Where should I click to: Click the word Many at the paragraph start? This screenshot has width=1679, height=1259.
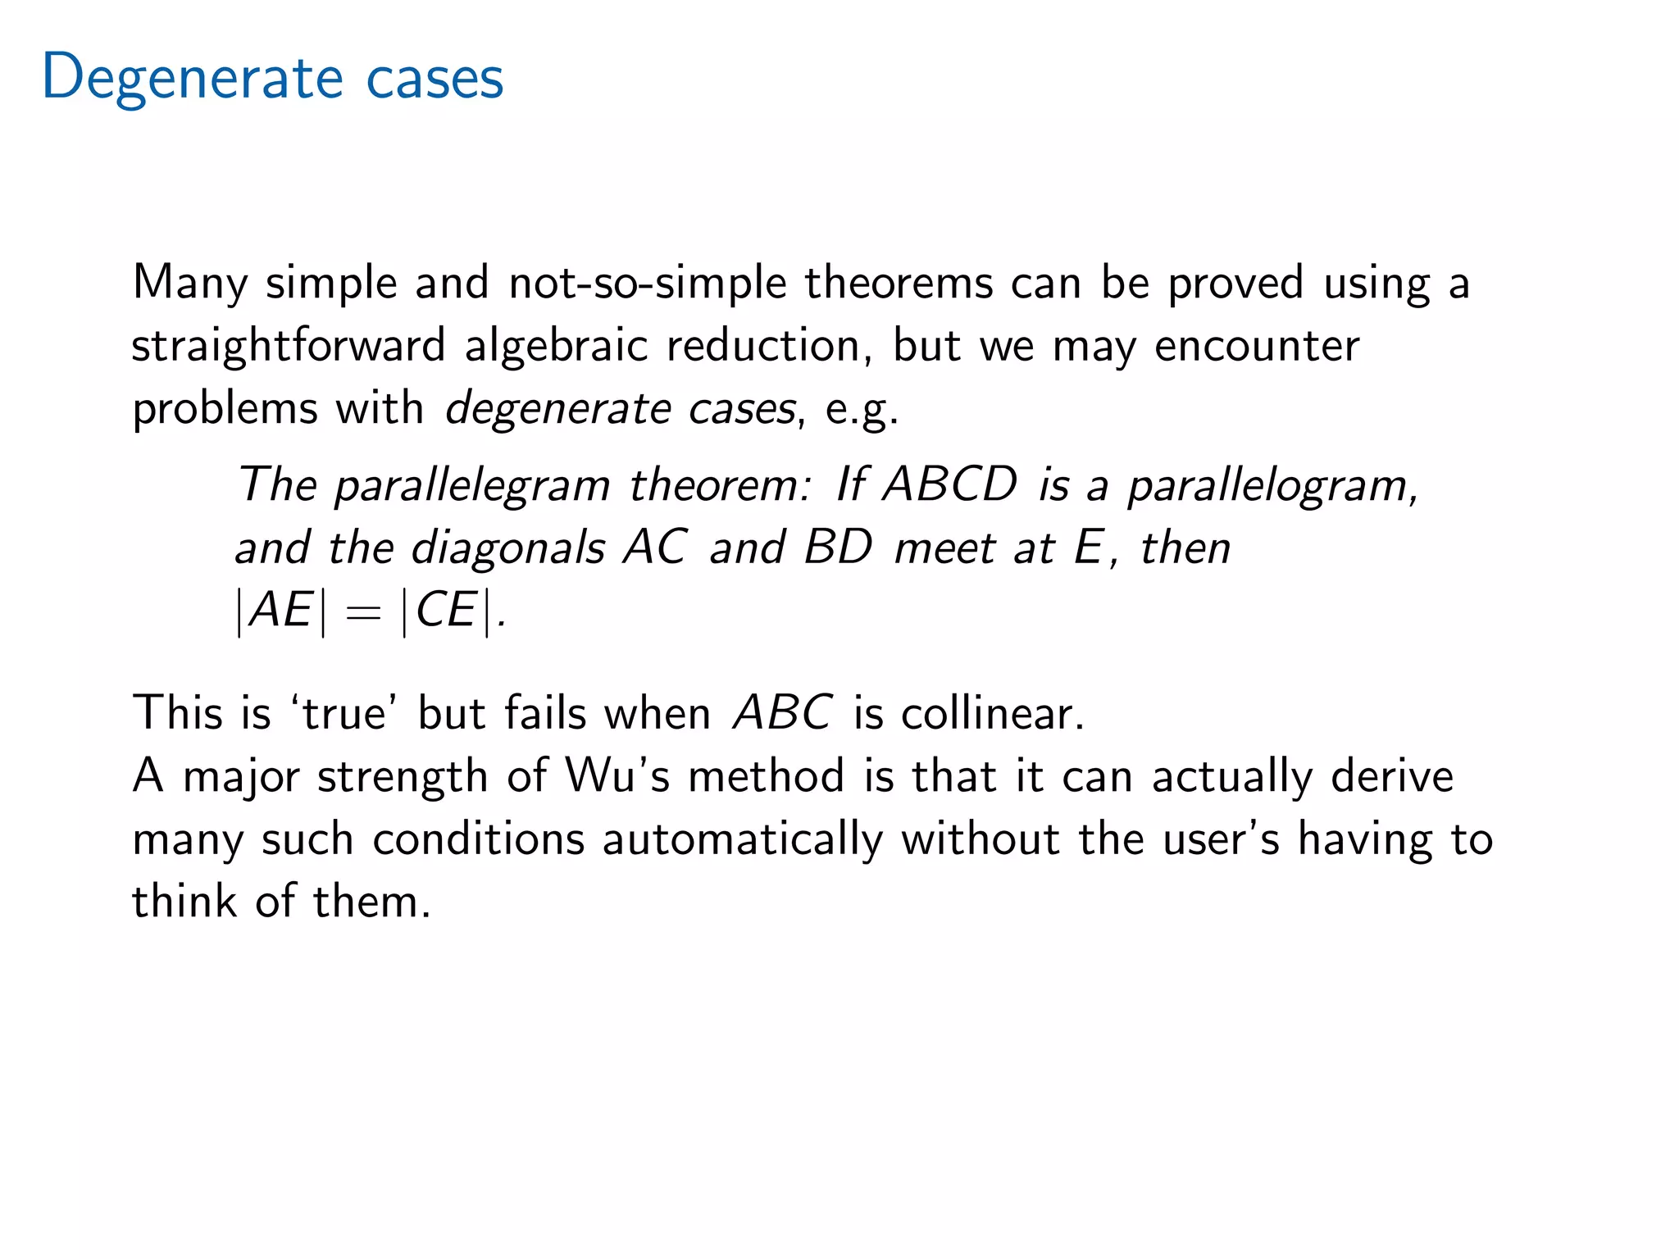(x=189, y=283)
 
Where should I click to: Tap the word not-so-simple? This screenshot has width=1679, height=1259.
(x=647, y=283)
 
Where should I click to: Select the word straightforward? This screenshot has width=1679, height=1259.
(x=288, y=345)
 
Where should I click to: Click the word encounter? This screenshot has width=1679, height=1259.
(x=1257, y=345)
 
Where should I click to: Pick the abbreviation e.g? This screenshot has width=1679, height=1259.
(x=861, y=408)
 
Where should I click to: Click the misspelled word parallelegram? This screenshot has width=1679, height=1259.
(x=472, y=484)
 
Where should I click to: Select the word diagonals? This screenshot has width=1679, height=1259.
(x=507, y=547)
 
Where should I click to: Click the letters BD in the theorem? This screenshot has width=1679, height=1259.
(x=838, y=547)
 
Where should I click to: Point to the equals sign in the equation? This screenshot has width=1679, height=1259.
(x=363, y=612)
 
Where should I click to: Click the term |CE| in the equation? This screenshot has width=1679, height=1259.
(x=447, y=611)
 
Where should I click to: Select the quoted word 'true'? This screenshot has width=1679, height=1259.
(x=344, y=712)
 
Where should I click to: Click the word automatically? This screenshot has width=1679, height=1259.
(x=742, y=839)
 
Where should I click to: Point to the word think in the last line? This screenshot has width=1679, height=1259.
(x=184, y=901)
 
